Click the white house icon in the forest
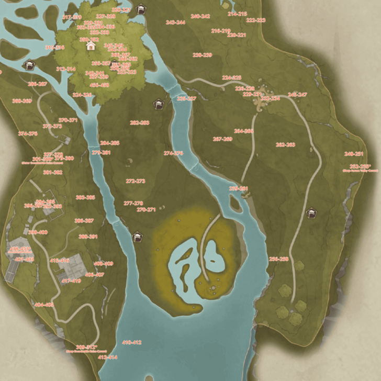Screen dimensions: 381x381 pos(91,46)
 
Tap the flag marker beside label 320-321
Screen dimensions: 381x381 pos(140,9)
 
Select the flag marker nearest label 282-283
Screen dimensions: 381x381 pos(158,105)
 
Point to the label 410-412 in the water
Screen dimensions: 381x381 pos(132,342)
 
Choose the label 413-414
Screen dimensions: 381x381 pos(108,357)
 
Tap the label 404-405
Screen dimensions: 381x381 pos(44,305)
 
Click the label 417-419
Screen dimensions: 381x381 pos(72,281)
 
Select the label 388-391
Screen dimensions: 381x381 pos(88,237)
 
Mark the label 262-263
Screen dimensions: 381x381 pos(285,144)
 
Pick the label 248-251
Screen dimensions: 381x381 pos(354,154)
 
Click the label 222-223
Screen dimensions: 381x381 pos(255,20)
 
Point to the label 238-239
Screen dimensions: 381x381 pos(202,55)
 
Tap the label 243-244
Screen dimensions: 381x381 pos(175,23)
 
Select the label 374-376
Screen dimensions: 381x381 pos(28,133)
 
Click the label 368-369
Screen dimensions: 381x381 pos(21,101)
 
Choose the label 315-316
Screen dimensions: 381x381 pos(54,47)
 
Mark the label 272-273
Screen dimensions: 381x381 pos(136,181)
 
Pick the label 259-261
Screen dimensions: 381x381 pos(239,188)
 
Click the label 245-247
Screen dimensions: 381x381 pos(297,95)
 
